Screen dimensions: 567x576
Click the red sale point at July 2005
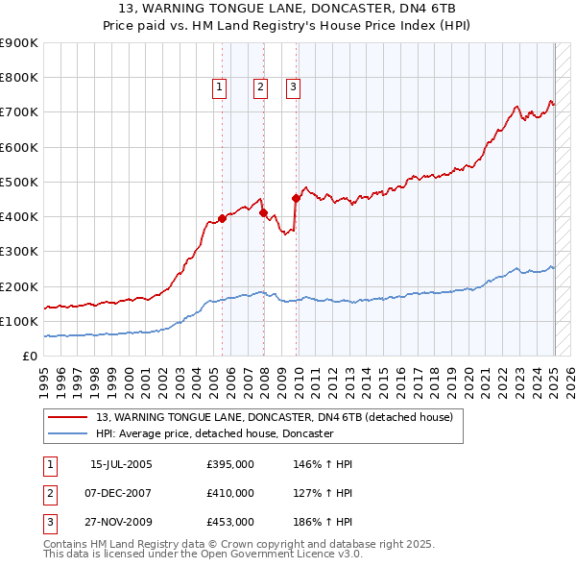coord(222,218)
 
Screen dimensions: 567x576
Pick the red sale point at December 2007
coord(263,212)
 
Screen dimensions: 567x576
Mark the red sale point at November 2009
coord(296,198)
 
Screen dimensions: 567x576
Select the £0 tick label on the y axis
coord(29,357)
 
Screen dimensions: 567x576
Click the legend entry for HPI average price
coord(214,434)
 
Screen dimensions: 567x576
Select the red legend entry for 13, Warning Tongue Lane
coord(279,417)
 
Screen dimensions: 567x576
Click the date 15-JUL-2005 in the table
coord(121,465)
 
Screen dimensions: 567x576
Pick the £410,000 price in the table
coord(230,494)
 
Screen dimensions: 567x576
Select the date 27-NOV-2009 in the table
coord(121,523)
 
